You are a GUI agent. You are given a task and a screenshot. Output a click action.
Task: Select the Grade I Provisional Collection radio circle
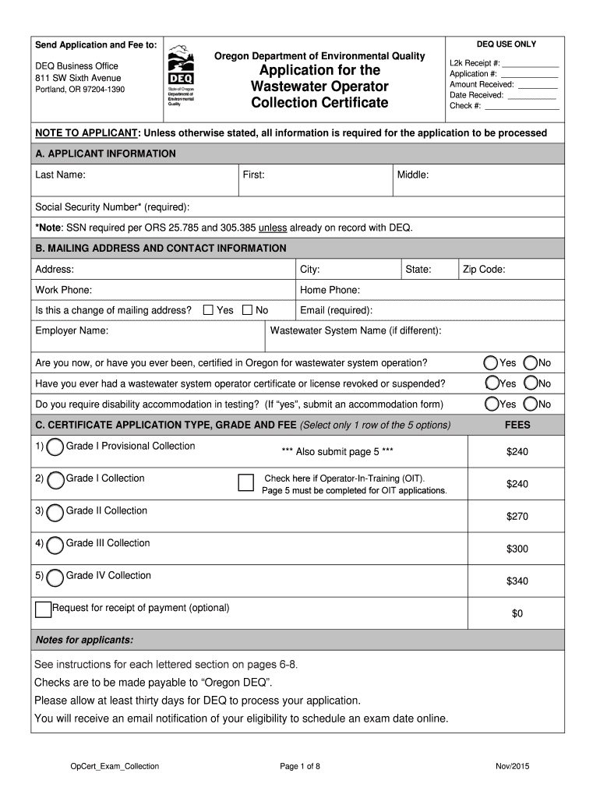coord(55,447)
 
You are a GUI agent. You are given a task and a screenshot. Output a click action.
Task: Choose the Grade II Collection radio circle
coord(55,513)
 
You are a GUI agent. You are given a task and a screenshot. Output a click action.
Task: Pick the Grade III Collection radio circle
coord(55,545)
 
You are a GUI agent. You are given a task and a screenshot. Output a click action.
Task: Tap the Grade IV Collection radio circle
coord(55,577)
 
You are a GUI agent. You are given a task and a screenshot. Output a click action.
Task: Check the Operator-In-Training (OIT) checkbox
coord(245,483)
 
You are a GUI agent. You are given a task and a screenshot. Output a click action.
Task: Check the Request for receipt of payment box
coord(43,609)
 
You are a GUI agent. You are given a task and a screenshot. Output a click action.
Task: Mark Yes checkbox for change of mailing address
coord(208,310)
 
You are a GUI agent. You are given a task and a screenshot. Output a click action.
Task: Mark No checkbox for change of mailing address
coord(247,310)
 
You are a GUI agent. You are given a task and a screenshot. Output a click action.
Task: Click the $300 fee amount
coord(517,549)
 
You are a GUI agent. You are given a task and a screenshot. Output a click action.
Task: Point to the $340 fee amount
coord(517,581)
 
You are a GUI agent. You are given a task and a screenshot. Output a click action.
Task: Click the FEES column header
coord(517,425)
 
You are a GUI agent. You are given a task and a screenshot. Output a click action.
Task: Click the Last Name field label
coord(60,175)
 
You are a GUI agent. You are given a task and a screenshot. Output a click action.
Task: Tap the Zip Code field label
coord(484,270)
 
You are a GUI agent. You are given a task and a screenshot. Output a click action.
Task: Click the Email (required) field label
coord(336,310)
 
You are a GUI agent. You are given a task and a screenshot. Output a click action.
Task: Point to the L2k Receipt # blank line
coord(531,65)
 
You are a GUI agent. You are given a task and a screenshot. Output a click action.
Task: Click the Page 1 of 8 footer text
coord(300,767)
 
